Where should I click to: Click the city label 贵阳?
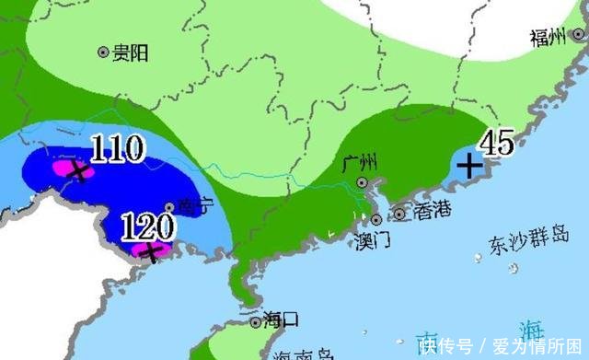click(x=130, y=53)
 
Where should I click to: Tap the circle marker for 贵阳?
click(x=103, y=53)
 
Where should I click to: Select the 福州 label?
click(x=549, y=37)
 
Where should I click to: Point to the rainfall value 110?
click(x=117, y=149)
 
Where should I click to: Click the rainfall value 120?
click(x=147, y=224)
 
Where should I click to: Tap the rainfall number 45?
click(x=495, y=143)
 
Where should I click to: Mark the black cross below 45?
click(x=469, y=167)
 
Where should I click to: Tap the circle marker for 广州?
click(x=363, y=183)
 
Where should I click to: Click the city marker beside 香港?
click(x=400, y=215)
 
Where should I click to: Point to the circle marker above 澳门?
click(x=376, y=219)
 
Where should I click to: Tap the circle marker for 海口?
click(x=255, y=322)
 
